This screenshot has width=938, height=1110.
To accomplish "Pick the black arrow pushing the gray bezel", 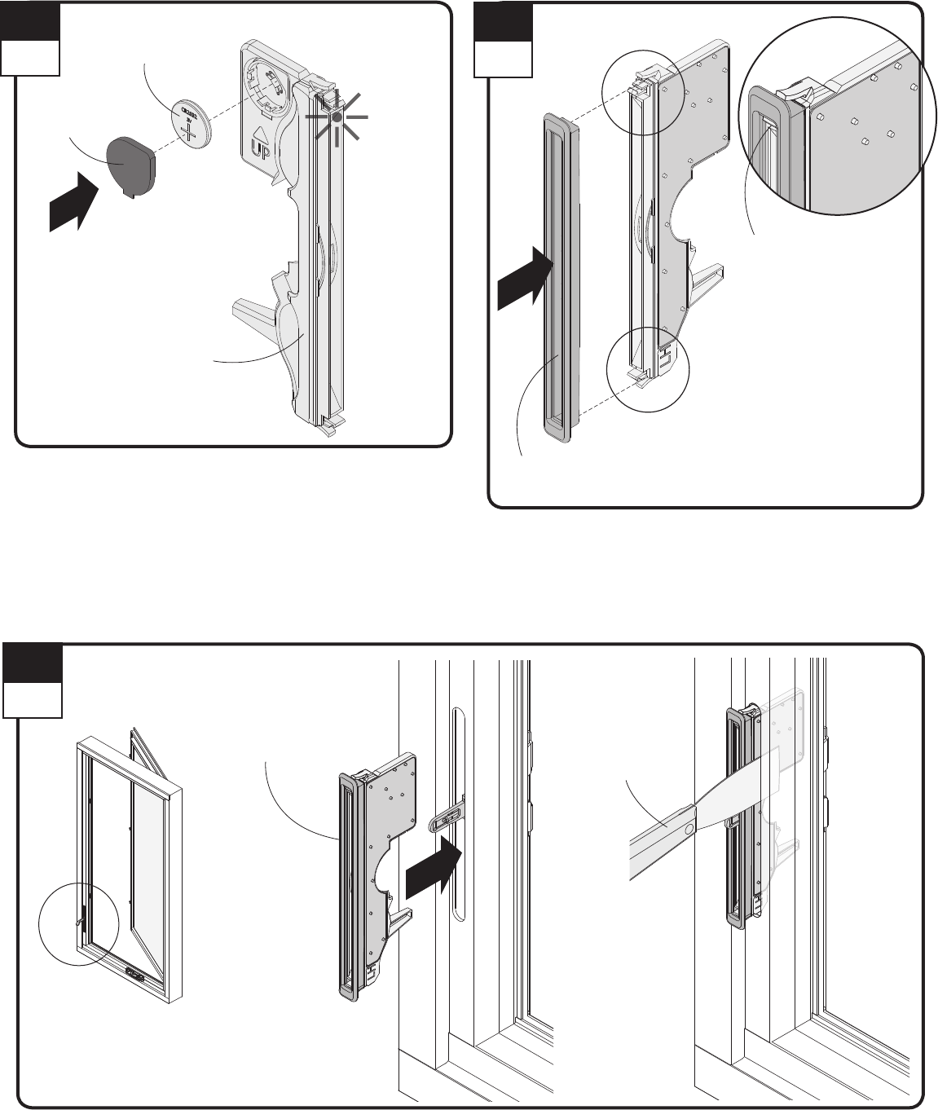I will coord(526,277).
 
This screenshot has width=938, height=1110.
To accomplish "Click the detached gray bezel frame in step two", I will coord(561,277).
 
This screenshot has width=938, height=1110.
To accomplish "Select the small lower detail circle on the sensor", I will coord(649,369).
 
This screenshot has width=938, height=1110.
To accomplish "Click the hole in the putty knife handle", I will coord(689,828).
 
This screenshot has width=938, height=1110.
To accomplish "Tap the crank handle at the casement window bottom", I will coord(136,972).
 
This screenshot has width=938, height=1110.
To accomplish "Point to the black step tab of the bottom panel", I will coord(33,664).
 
